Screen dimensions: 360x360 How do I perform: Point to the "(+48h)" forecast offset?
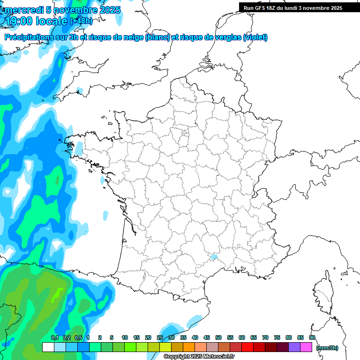[81, 21]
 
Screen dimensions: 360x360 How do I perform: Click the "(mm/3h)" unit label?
[327, 347]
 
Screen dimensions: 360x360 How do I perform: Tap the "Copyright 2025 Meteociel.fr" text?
[199, 357]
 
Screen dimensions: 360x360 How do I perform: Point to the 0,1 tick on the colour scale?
[54, 337]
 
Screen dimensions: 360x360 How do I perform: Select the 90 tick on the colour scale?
[312, 337]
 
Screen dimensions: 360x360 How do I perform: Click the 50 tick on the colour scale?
[218, 337]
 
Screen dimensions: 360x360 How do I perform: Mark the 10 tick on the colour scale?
[125, 337]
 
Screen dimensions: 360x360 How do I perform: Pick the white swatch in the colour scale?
[48, 347]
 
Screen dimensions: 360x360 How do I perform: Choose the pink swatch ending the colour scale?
[306, 347]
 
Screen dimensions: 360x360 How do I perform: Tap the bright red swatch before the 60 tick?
[247, 347]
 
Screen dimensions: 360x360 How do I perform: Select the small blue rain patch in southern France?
[214, 257]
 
